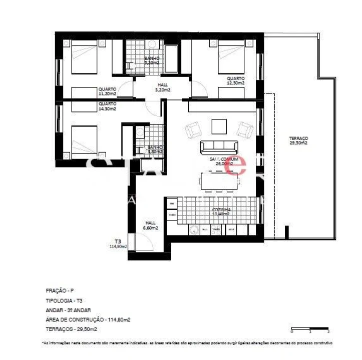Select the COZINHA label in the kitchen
point(221,211)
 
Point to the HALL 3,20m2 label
point(163,87)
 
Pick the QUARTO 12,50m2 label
point(235,81)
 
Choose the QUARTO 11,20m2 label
point(107,91)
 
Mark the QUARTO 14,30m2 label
point(107,106)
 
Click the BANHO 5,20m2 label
point(152,61)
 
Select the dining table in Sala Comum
point(221,181)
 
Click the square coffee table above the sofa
point(219,126)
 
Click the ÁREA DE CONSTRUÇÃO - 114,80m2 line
point(82,319)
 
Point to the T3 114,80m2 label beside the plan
point(118,243)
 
